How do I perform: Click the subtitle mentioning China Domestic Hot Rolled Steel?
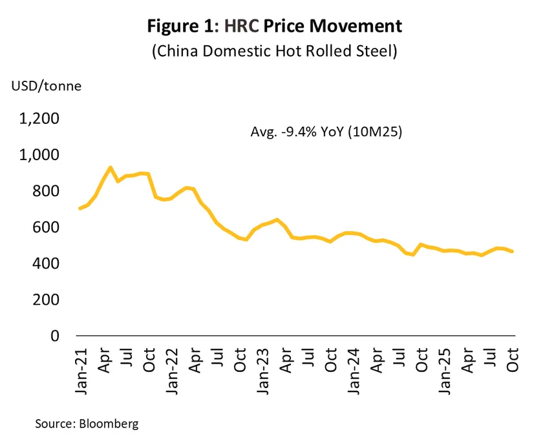273,52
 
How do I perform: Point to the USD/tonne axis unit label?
45,86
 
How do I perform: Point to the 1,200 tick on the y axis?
40,119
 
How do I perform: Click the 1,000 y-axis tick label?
40,156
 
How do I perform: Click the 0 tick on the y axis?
55,336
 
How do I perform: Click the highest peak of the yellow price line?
111,167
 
